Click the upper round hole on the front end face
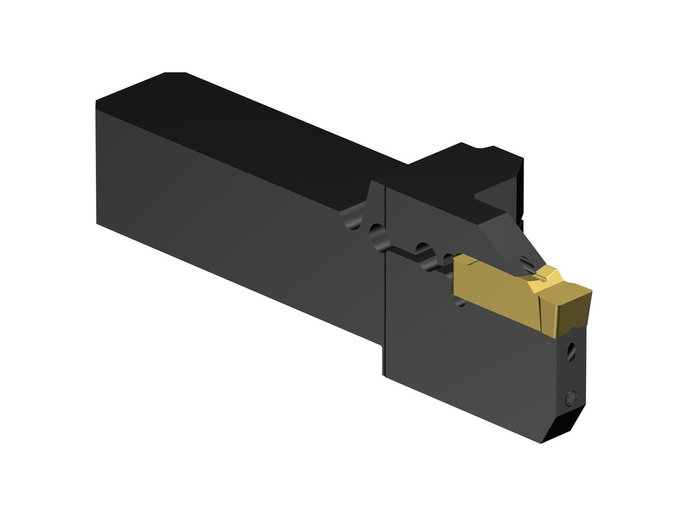572,352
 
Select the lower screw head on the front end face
571,399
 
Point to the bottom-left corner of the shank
98,223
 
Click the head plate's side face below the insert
476,357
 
